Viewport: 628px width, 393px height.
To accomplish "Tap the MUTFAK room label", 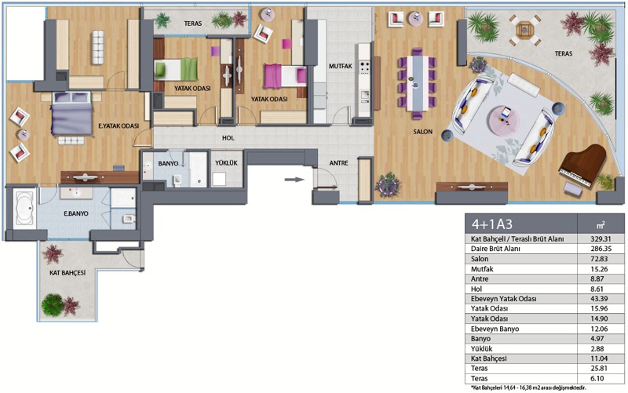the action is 341,66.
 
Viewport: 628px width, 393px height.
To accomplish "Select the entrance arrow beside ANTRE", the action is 295,180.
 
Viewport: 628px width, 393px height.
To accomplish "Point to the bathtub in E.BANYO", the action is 25,209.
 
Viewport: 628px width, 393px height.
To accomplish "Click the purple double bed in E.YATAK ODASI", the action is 72,114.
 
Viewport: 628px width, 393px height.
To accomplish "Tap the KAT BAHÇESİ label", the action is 68,273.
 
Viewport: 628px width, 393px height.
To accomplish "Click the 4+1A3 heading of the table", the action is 492,224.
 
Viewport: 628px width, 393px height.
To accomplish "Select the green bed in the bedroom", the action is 176,70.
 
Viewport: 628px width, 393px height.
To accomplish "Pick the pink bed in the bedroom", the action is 285,76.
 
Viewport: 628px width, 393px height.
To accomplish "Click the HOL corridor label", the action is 228,138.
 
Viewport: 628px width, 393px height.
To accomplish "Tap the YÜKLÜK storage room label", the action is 226,163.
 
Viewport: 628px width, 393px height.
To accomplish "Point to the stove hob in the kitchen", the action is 364,67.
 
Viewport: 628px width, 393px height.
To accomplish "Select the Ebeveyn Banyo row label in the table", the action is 495,329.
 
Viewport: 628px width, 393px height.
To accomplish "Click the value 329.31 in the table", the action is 601,239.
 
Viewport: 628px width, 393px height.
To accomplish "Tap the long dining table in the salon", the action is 417,83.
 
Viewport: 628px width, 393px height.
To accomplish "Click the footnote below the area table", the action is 528,388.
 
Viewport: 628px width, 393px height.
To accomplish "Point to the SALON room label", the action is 423,131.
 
